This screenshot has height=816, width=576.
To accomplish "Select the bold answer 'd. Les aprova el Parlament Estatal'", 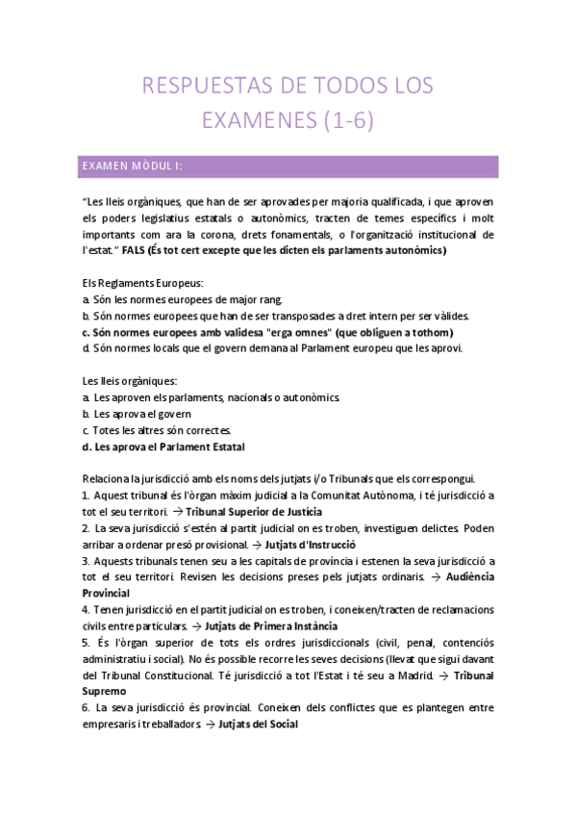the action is pyautogui.click(x=163, y=446).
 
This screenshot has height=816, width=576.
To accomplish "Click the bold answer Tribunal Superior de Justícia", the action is pyautogui.click(x=254, y=511).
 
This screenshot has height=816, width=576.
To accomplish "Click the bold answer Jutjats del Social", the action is pyautogui.click(x=259, y=724).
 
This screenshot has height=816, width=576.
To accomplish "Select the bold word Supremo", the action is pyautogui.click(x=104, y=691).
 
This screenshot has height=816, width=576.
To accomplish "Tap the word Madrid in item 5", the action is pyautogui.click(x=409, y=675).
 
